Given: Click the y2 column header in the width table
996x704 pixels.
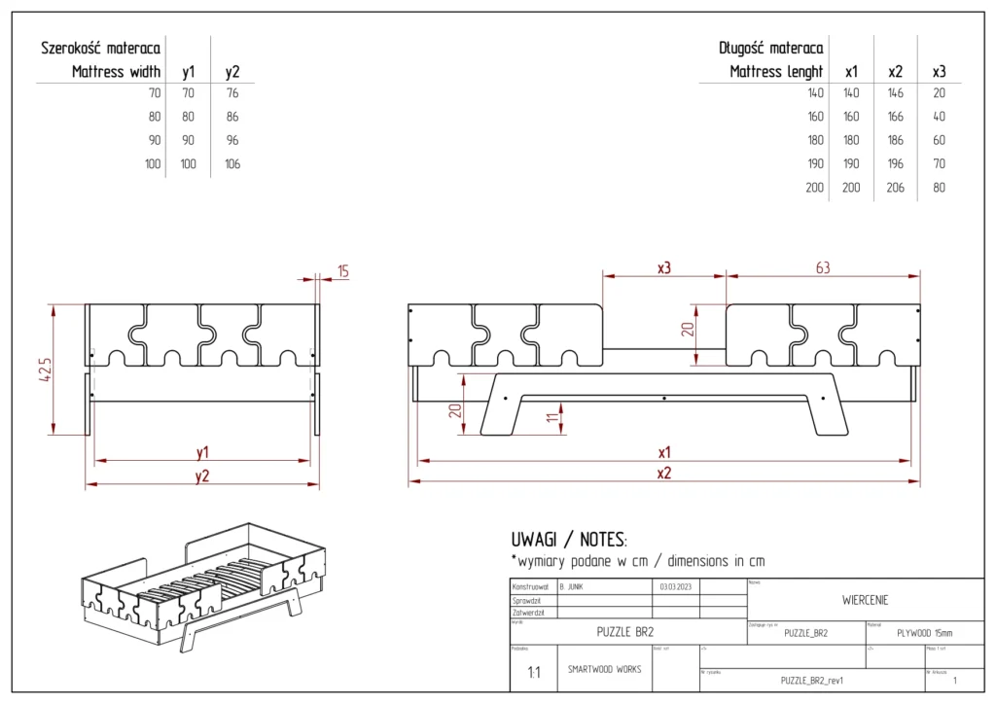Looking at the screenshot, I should (x=232, y=72).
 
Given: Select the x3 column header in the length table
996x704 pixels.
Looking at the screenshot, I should (x=939, y=72).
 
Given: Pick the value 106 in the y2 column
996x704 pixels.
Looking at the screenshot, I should (x=232, y=164).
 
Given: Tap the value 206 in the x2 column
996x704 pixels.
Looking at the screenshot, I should (x=895, y=188).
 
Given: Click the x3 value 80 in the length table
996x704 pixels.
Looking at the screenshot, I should (x=939, y=188).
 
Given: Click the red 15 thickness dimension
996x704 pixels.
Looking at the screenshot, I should (x=343, y=271).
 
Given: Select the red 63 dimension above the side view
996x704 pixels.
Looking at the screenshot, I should (x=823, y=268).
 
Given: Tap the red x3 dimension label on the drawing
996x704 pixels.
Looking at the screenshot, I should (x=664, y=268).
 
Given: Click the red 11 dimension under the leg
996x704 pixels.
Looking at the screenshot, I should (x=552, y=417).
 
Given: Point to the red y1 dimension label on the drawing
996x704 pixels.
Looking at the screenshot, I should (x=202, y=452).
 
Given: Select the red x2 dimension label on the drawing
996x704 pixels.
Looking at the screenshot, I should (x=664, y=473).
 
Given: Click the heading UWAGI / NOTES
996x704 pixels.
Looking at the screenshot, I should (x=569, y=539).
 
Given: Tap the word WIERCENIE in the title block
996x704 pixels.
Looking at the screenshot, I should (x=865, y=600).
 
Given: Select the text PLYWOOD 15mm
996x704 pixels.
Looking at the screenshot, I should (x=923, y=632).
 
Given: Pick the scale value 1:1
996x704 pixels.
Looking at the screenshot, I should (x=534, y=673).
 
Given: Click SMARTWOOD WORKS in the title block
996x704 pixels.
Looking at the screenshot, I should (x=604, y=670).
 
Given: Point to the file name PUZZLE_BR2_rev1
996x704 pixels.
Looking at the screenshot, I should (x=811, y=681).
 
